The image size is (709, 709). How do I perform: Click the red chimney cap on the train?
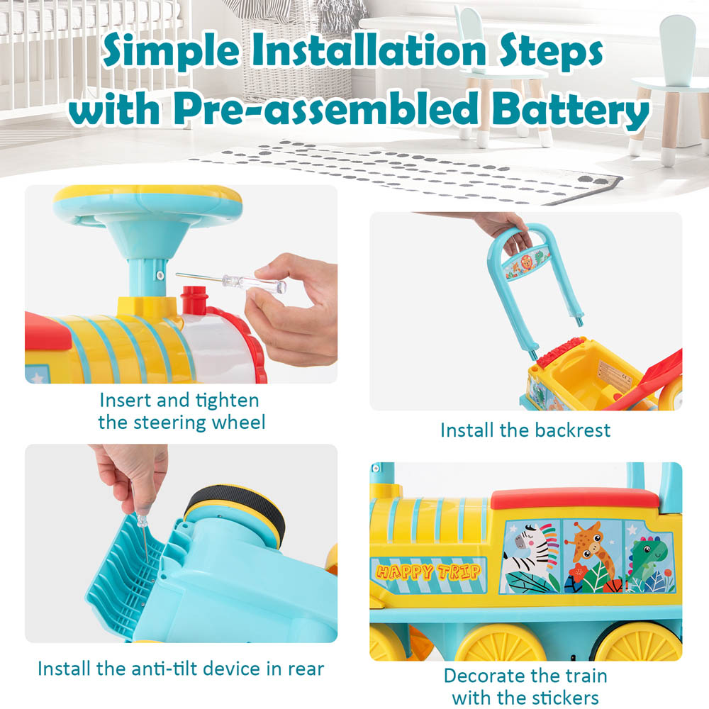(194, 299)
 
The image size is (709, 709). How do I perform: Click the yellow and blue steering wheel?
(147, 206)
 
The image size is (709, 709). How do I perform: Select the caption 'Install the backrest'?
(525, 430)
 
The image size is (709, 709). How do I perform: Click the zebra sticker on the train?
(530, 557)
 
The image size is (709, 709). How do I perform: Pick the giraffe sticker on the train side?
(592, 556)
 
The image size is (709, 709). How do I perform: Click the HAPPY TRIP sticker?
(428, 573)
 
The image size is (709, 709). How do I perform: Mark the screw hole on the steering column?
(160, 275)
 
